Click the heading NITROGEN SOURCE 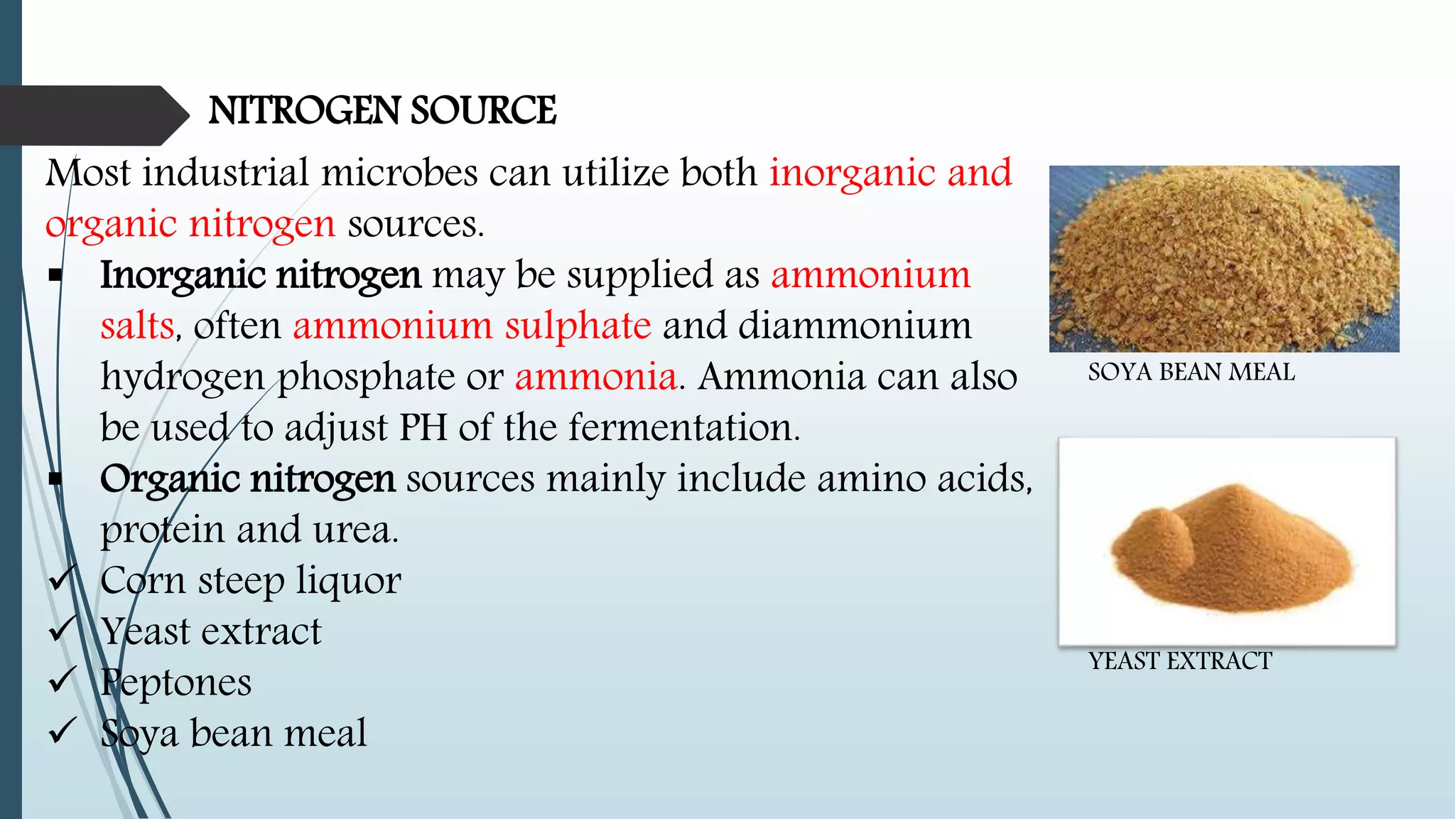point(382,111)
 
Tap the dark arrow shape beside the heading point(92,115)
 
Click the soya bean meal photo point(1224,259)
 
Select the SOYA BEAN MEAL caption point(1191,373)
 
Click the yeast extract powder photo point(1227,542)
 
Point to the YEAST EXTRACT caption point(1180,661)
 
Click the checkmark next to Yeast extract point(63,630)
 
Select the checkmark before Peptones point(63,681)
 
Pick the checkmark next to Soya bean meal point(63,732)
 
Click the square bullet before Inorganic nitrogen point(55,276)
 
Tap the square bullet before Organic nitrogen point(55,479)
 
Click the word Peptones point(175,682)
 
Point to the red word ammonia point(596,377)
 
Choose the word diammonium point(855,326)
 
